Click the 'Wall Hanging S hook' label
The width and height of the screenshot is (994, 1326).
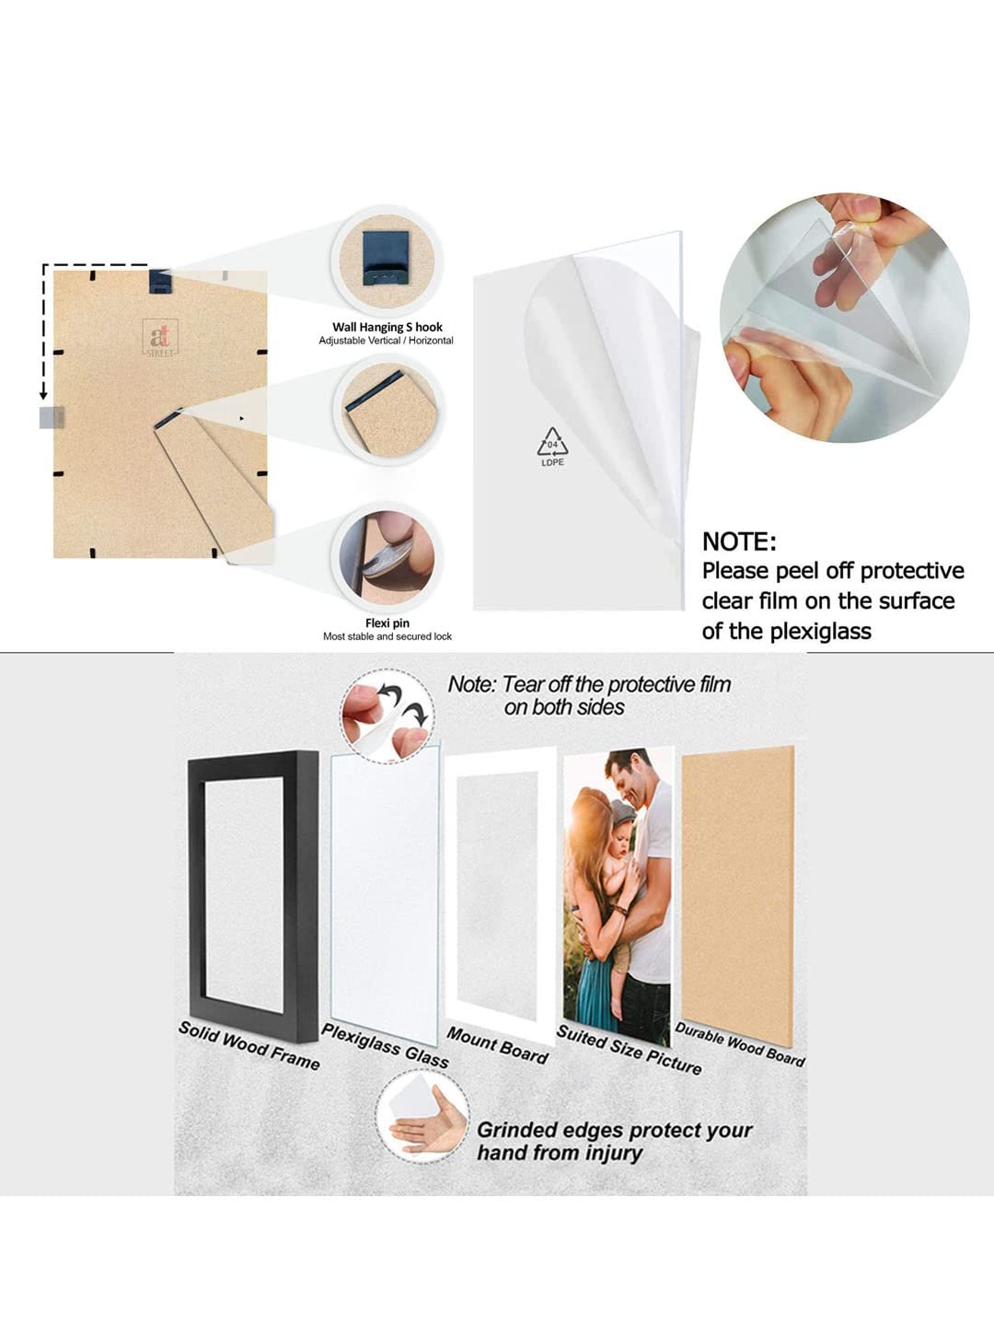pos(387,327)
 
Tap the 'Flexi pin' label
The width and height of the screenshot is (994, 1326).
pos(387,622)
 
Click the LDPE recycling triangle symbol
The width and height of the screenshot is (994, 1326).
pos(552,442)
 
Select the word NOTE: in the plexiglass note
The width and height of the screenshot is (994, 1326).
pos(739,541)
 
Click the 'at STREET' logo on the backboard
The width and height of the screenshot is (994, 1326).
pos(160,337)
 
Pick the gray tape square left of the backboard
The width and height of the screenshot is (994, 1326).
pos(52,417)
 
